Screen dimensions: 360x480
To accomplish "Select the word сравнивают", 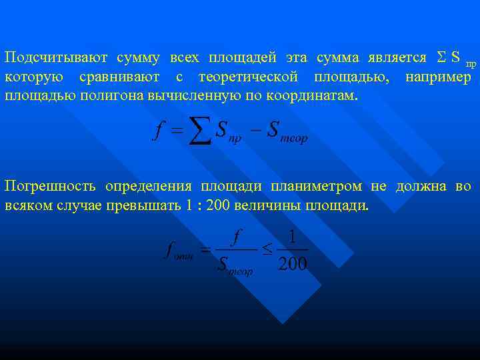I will (123, 77).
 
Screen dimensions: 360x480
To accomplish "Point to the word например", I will (438, 77).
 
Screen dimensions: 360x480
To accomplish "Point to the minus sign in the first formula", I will (254, 129).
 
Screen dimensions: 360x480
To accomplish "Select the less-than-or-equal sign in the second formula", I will (266, 250).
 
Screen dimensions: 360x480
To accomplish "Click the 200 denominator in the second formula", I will (292, 265).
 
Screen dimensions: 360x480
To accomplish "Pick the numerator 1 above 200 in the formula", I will (292, 237).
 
